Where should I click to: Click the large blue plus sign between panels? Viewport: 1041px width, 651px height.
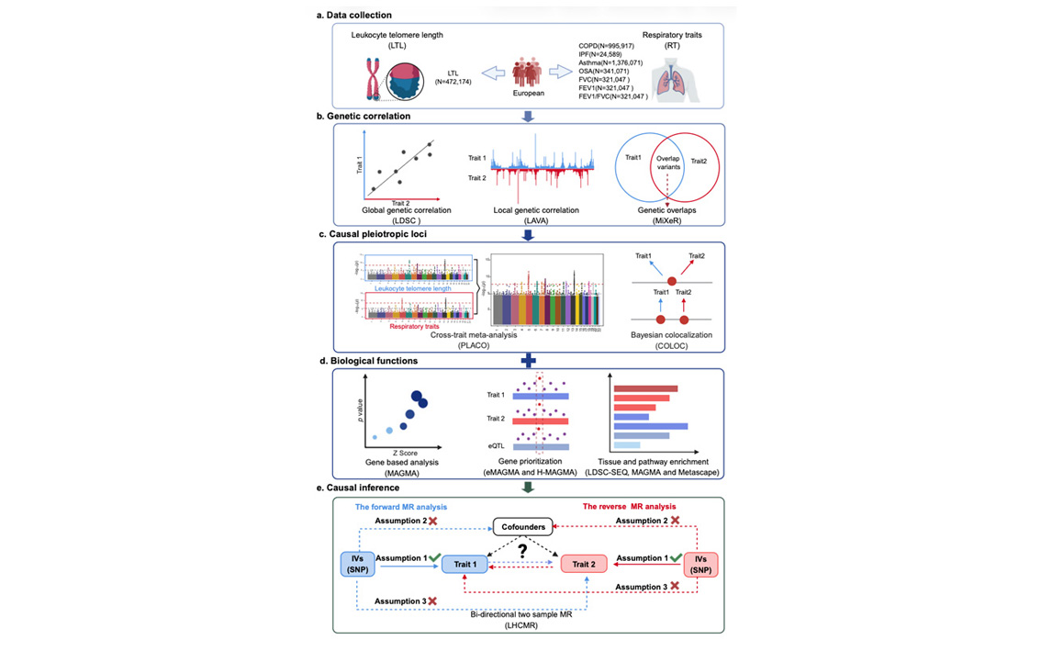(528, 360)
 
